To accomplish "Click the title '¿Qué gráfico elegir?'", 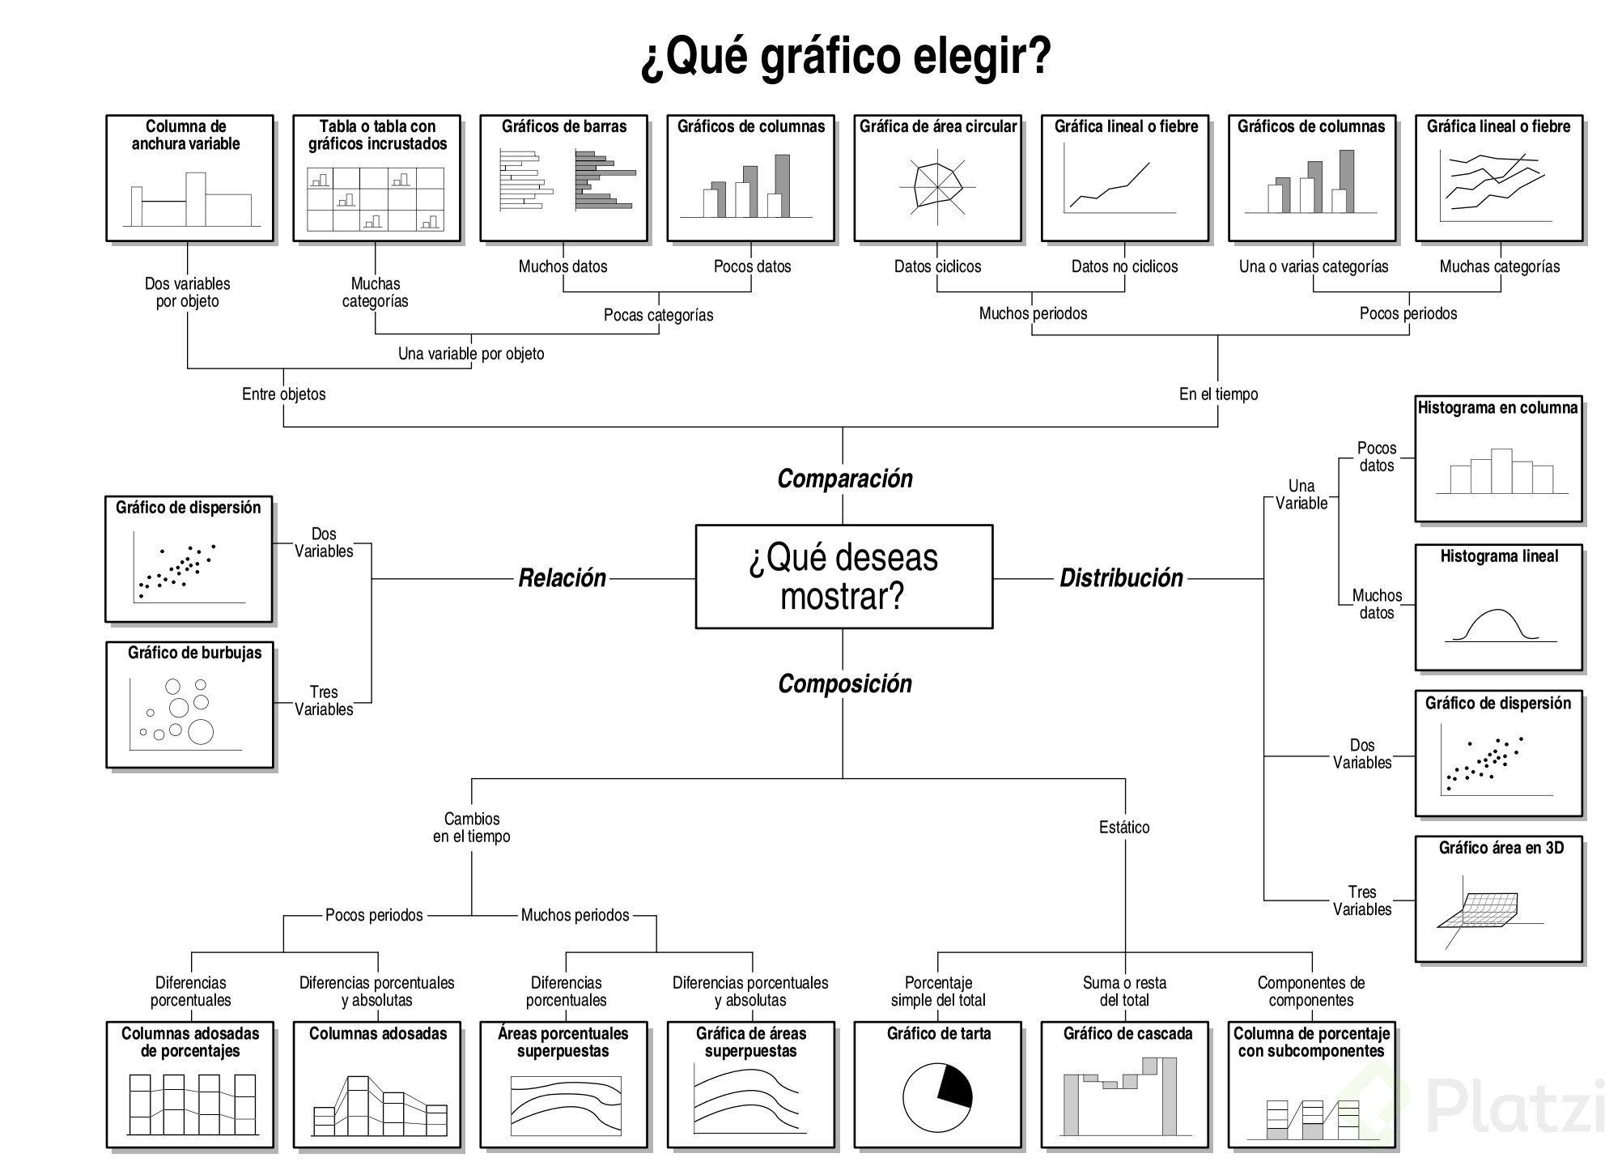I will click(845, 57).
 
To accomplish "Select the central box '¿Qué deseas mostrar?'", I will click(843, 577).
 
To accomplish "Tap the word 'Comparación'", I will click(844, 479).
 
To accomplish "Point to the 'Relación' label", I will click(562, 578).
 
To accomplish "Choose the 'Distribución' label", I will click(1121, 578).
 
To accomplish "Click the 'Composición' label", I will click(844, 684).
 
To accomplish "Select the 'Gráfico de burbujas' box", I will click(189, 704).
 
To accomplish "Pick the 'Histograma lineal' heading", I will click(1498, 556).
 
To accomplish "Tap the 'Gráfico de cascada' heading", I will click(1127, 1034).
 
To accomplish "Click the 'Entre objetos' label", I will click(283, 394).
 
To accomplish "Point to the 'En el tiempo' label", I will click(1218, 394).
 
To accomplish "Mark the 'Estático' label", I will click(1124, 828).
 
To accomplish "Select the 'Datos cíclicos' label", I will click(937, 266).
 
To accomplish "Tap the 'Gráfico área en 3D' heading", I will click(1501, 848).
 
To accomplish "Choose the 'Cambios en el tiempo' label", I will click(471, 828).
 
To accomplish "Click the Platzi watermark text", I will click(1514, 1107).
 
